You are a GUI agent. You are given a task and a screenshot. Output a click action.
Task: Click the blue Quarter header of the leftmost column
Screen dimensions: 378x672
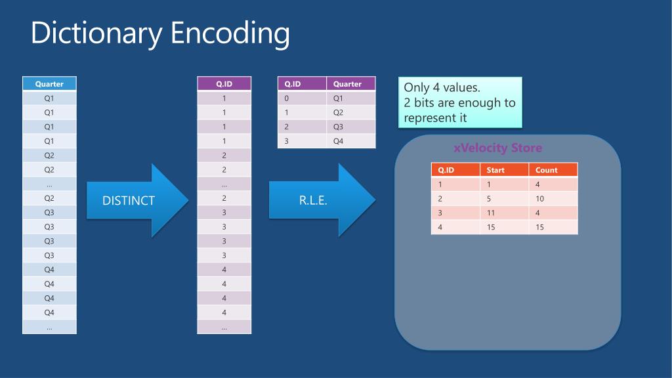coord(49,84)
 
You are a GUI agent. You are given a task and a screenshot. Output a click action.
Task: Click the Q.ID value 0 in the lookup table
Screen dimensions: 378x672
coord(287,98)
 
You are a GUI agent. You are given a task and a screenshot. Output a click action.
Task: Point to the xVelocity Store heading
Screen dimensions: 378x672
coord(498,148)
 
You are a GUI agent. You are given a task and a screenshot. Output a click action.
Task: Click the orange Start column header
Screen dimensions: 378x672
coord(495,170)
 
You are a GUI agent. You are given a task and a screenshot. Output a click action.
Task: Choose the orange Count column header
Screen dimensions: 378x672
coord(546,170)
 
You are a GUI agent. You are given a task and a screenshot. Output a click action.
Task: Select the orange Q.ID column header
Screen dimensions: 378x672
coord(446,170)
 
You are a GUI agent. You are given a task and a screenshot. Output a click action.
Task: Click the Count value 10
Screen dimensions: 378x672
coord(539,199)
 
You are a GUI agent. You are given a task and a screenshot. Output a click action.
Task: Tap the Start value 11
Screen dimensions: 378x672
coord(491,213)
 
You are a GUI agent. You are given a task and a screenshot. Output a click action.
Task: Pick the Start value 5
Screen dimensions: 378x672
coord(489,199)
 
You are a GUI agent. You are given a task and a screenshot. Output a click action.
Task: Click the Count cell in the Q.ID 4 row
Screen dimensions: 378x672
coord(539,227)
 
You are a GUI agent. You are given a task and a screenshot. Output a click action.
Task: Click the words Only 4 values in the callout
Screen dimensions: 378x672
coord(442,88)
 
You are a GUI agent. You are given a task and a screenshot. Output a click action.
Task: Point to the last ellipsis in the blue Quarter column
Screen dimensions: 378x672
coord(49,327)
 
